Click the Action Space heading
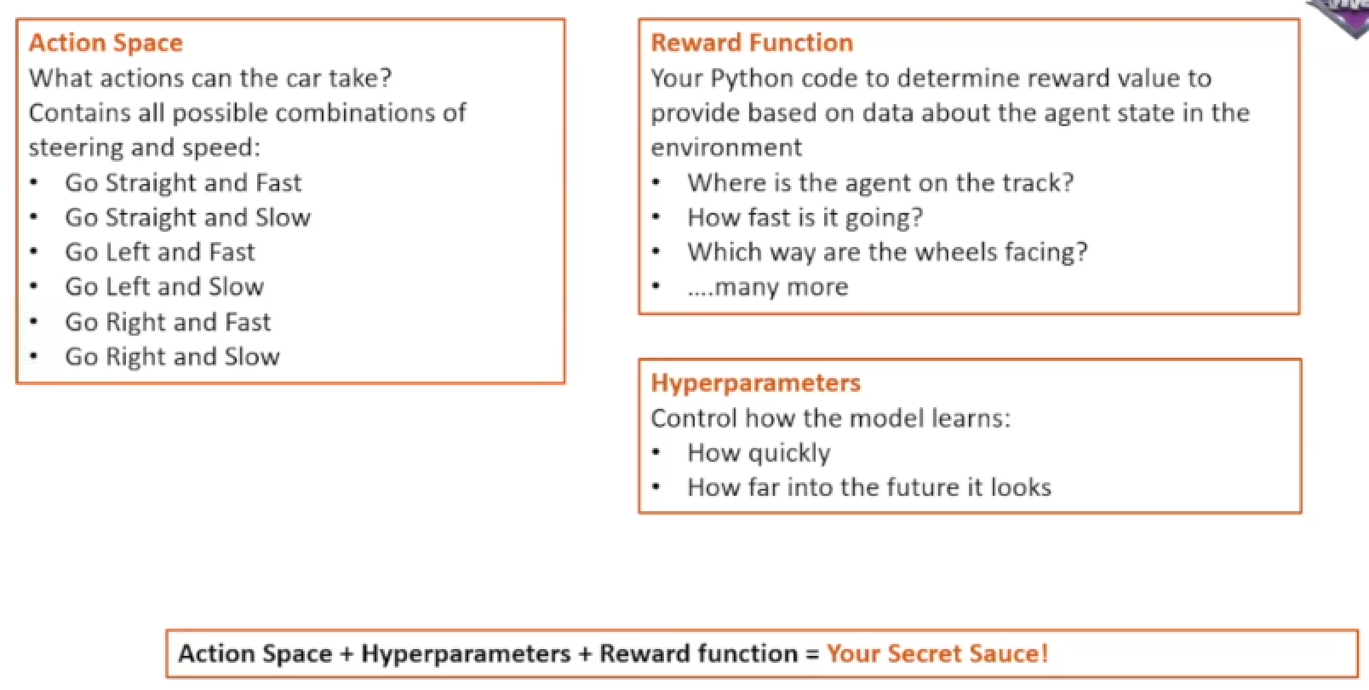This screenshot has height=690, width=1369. (106, 43)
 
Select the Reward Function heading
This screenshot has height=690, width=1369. (752, 43)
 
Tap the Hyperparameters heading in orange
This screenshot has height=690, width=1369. (755, 383)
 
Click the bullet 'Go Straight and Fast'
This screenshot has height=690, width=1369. (183, 183)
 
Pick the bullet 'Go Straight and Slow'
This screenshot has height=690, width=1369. (187, 218)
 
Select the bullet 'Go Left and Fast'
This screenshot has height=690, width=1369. (159, 252)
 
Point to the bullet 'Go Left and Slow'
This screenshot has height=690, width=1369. (164, 286)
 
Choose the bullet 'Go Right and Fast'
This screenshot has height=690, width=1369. (168, 322)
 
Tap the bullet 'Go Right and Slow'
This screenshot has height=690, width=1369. (172, 357)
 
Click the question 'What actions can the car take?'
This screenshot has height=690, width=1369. (210, 78)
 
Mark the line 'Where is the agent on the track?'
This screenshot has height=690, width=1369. (880, 183)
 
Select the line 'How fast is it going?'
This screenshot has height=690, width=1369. (805, 218)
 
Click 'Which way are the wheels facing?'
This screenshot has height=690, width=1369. (887, 252)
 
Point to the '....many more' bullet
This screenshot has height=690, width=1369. (768, 287)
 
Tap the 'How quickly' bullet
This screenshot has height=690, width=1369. (759, 453)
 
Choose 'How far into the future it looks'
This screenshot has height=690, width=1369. (869, 487)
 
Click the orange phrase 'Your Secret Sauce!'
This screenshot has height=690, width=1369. (937, 653)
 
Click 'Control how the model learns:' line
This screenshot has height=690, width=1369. (831, 418)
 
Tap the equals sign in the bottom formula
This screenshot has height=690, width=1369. (812, 654)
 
